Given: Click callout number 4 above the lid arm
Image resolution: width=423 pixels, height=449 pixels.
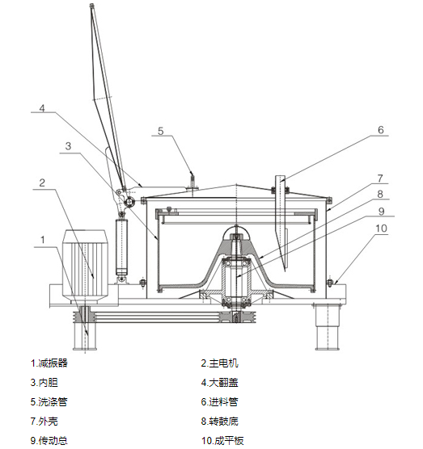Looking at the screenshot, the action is point(42,108).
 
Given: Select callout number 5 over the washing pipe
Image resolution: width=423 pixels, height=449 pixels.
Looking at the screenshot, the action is point(161,131).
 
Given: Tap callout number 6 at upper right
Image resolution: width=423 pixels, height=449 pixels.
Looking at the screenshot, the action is point(381,130).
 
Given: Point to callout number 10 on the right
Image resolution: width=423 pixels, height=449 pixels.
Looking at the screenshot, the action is point(381,229).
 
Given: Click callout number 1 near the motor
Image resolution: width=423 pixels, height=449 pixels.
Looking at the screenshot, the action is point(43,240).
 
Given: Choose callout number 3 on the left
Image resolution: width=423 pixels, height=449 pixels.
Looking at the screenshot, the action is point(68,146).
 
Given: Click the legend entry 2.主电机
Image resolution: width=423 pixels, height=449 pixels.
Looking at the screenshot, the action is point(219,363).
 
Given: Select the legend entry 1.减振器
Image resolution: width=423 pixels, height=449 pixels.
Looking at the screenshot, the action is point(49,363).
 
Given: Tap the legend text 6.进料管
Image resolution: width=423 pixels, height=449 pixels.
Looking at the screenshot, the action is point(219,402).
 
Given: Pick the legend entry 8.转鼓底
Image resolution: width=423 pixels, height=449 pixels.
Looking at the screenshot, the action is point(219,422).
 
